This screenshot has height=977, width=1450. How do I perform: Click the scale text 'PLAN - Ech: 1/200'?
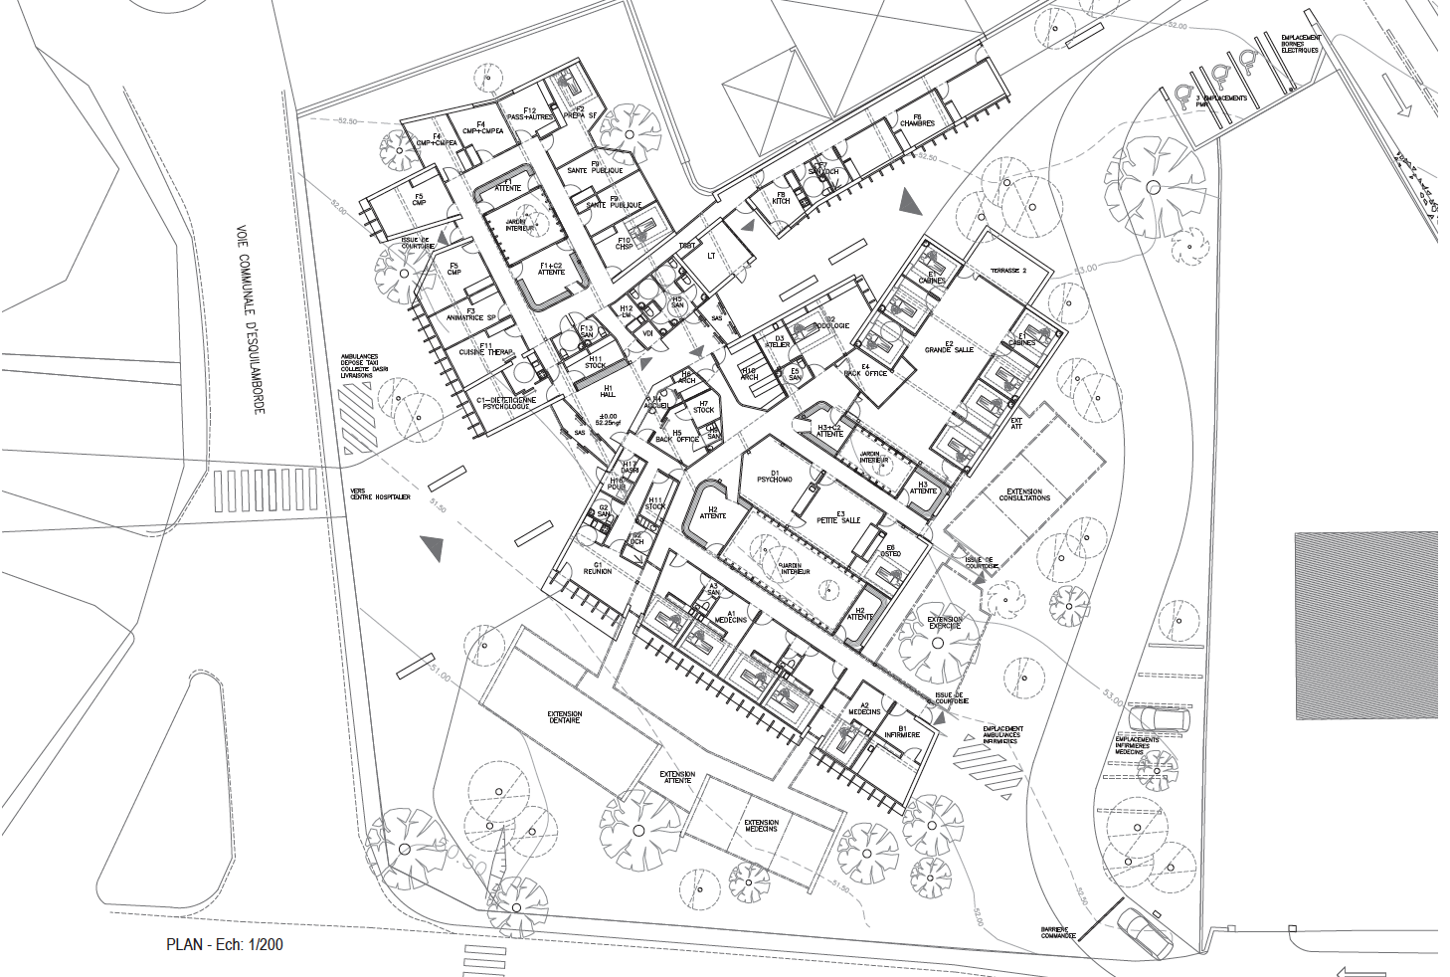click(224, 944)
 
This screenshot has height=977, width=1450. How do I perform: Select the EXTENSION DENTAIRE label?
click(564, 716)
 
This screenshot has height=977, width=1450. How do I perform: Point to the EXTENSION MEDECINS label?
click(761, 825)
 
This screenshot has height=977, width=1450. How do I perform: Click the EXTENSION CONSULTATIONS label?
click(1024, 494)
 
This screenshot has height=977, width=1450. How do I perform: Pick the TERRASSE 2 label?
click(1008, 271)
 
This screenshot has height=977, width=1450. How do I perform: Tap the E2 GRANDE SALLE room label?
click(949, 347)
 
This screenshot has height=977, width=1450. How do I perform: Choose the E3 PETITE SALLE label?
click(839, 517)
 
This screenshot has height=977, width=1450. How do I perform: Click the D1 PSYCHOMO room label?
click(775, 477)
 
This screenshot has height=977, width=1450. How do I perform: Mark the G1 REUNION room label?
click(598, 568)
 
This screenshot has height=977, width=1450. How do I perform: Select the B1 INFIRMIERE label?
click(902, 731)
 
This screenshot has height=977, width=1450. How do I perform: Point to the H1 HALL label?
click(608, 391)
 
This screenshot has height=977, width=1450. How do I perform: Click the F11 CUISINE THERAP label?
click(485, 349)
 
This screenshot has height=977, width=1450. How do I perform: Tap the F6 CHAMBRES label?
click(917, 120)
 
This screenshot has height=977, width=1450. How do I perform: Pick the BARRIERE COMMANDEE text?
click(1058, 933)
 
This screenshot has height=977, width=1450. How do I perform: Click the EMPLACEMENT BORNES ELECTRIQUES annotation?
click(1300, 44)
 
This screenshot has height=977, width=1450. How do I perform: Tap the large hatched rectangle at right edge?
click(1366, 626)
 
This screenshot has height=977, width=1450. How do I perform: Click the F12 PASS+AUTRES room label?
click(529, 113)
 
